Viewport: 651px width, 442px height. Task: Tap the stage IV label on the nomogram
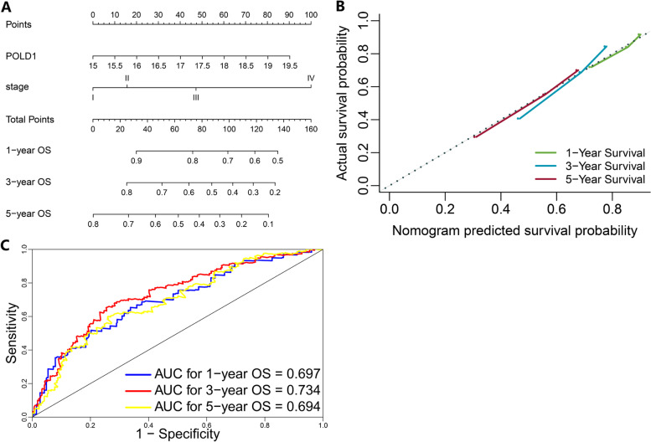pos(310,78)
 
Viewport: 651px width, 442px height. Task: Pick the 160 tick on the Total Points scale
pos(310,131)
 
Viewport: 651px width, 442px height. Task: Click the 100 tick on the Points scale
pos(310,16)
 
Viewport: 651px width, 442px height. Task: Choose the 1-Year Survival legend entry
pos(598,152)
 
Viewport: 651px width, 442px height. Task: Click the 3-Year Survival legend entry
pos(598,166)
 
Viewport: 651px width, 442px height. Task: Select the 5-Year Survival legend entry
pos(598,179)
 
